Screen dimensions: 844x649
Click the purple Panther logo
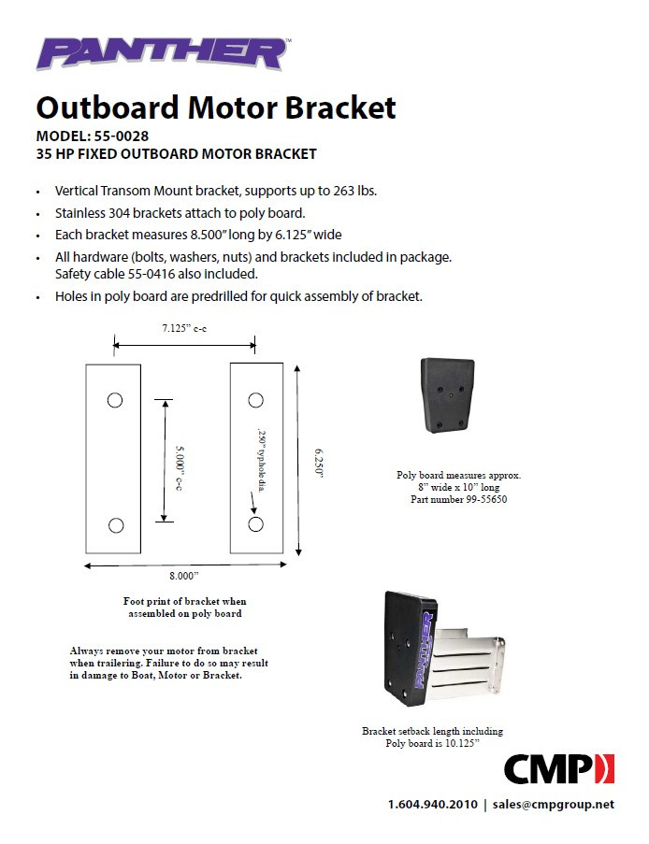(x=161, y=53)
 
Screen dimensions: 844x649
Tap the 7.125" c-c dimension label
(x=183, y=328)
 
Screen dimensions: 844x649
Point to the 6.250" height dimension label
(x=318, y=461)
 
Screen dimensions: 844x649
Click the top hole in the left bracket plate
(x=115, y=400)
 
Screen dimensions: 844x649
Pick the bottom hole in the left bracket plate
(x=115, y=525)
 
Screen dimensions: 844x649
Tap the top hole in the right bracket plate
(x=255, y=400)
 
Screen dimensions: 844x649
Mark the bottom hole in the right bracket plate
(x=255, y=524)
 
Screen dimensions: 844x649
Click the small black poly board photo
(x=448, y=395)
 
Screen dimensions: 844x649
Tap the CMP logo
(x=559, y=768)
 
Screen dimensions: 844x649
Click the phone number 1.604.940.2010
(x=432, y=805)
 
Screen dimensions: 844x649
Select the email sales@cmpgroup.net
(x=554, y=805)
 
